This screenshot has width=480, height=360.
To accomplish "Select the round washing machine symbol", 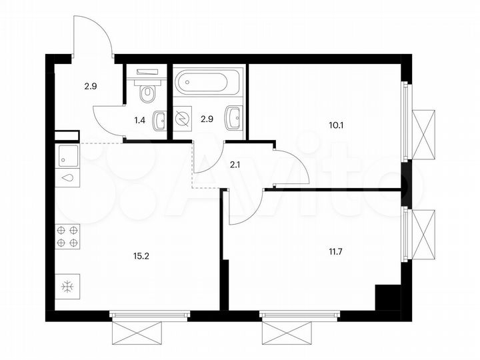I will [183, 117].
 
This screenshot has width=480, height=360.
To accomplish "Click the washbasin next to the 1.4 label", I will [160, 121].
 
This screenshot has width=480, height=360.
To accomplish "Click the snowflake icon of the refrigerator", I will [67, 287].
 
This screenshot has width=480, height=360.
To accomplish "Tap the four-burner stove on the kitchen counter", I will [67, 235].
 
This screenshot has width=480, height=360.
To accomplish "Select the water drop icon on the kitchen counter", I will [68, 179].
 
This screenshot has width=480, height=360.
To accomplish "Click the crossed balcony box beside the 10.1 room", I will [423, 133].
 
